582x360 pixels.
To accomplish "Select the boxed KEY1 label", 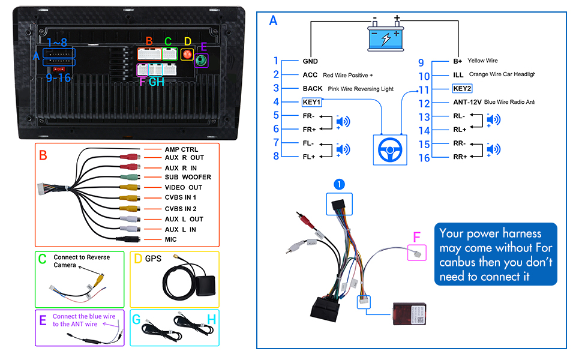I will (x=312, y=102).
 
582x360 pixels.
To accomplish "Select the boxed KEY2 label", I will (x=462, y=88).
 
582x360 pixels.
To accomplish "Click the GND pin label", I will (x=310, y=61).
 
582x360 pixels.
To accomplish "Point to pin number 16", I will (x=425, y=158).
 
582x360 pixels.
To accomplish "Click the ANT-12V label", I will (x=466, y=102).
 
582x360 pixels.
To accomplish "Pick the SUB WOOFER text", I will (x=188, y=178).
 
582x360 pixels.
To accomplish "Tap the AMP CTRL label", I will (x=181, y=149).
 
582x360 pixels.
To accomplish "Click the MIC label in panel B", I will (x=172, y=240).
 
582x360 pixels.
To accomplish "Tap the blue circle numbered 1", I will (x=340, y=184).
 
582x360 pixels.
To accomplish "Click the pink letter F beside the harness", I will (x=417, y=238).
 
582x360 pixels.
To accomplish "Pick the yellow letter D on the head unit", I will (x=187, y=41).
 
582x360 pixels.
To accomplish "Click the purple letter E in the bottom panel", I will (x=43, y=320).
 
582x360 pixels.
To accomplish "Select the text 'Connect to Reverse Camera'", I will (x=82, y=261).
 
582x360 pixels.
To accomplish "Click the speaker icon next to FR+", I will (x=343, y=122).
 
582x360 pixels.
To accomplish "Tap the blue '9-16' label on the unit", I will (x=58, y=78).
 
